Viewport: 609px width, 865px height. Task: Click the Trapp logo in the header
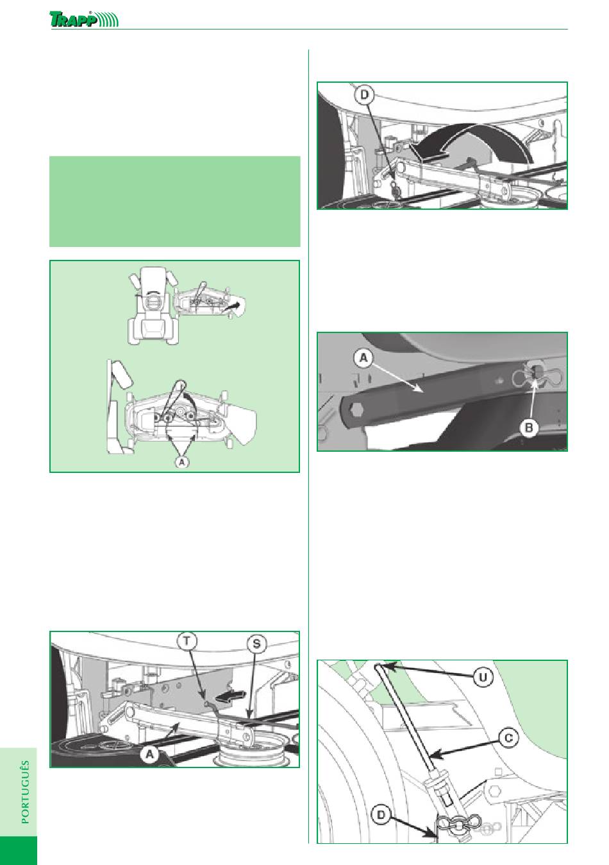coord(84,19)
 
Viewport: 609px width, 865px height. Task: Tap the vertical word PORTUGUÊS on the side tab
coord(26,792)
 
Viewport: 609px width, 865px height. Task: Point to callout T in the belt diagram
coord(187,642)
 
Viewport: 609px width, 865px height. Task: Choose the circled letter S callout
coord(256,644)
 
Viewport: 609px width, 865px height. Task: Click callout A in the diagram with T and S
coord(150,753)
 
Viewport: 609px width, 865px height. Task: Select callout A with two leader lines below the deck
coord(183,461)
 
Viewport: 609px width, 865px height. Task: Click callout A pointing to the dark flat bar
coord(363,358)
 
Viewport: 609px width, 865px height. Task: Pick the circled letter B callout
coord(529,427)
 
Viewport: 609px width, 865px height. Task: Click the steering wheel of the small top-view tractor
coord(153,301)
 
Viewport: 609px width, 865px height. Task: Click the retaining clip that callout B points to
coord(536,374)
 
